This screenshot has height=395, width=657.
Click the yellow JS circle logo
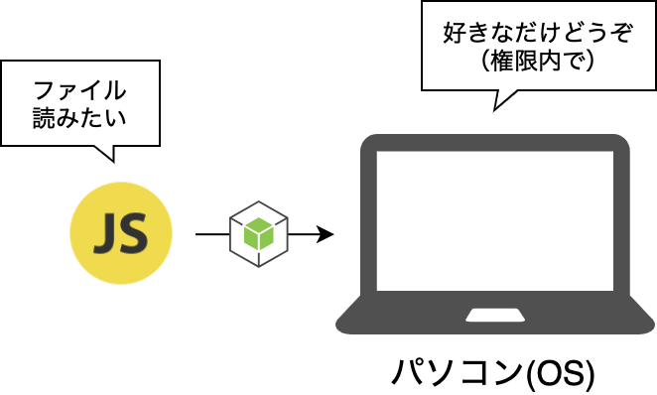[x=121, y=233]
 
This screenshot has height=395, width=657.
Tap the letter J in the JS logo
[x=105, y=233]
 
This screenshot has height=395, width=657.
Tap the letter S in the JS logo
[x=133, y=233]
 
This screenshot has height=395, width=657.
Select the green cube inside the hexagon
[x=259, y=234]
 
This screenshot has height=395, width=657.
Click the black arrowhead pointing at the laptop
[x=326, y=234]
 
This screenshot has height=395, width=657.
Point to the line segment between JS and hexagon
[x=212, y=234]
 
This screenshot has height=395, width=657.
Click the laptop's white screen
[x=495, y=220]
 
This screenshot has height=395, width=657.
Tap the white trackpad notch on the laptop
[x=495, y=316]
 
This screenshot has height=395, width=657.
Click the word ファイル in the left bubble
[x=79, y=90]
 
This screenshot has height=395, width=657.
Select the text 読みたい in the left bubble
[x=79, y=118]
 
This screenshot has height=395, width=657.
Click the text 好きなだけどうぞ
[x=538, y=33]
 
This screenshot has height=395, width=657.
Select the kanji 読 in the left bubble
[x=44, y=118]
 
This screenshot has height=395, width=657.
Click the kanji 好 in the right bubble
[x=455, y=33]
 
